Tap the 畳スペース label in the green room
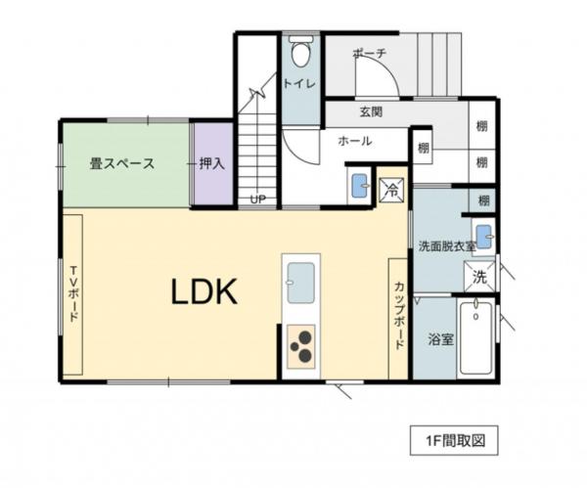pyautogui.click(x=122, y=163)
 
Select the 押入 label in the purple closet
pyautogui.click(x=212, y=163)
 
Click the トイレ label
pyautogui.click(x=298, y=84)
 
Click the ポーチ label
pyautogui.click(x=370, y=54)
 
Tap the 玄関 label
pyautogui.click(x=370, y=111)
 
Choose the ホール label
pyautogui.click(x=354, y=141)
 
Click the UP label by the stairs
pyautogui.click(x=257, y=200)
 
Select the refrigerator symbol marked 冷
pyautogui.click(x=390, y=188)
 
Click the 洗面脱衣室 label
pyautogui.click(x=447, y=244)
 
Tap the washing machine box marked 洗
pyautogui.click(x=480, y=277)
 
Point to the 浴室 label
pyautogui.click(x=440, y=340)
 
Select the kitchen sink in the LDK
pyautogui.click(x=299, y=283)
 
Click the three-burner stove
pyautogui.click(x=300, y=346)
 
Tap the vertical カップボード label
pyautogui.click(x=400, y=316)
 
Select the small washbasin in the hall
pyautogui.click(x=359, y=185)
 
